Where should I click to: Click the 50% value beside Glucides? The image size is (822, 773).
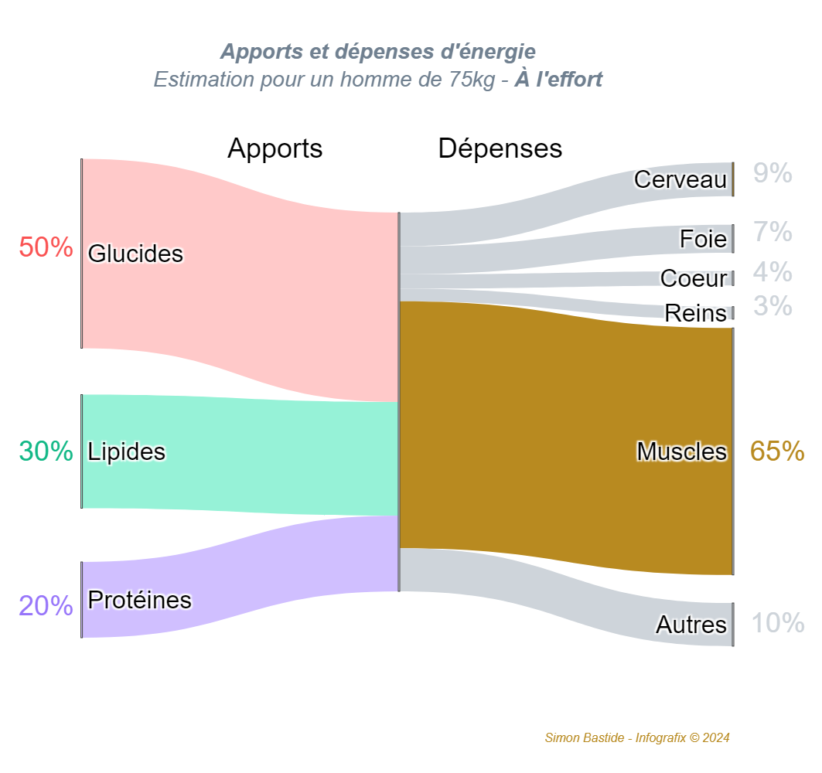click(46, 248)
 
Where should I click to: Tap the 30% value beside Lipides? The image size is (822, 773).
click(46, 451)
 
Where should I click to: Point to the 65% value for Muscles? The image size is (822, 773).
click(776, 451)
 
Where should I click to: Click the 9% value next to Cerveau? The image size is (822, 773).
click(773, 175)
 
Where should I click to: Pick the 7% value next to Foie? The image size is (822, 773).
click(773, 232)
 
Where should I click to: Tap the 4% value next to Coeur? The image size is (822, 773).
click(773, 272)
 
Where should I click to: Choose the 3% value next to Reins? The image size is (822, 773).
click(773, 307)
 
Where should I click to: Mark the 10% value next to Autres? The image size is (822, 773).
click(778, 623)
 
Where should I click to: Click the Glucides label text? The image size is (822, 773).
click(135, 254)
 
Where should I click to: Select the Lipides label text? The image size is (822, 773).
click(127, 451)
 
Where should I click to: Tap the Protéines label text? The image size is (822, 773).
click(140, 600)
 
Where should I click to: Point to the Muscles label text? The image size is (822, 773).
click(681, 451)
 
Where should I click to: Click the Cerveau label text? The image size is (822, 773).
click(680, 179)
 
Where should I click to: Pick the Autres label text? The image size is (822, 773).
click(691, 625)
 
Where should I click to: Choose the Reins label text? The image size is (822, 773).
click(696, 313)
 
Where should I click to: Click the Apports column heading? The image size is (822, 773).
click(275, 148)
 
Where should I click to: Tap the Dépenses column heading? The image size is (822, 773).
click(500, 148)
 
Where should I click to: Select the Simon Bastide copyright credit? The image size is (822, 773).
click(637, 738)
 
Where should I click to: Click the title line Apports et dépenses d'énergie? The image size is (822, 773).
click(377, 52)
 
